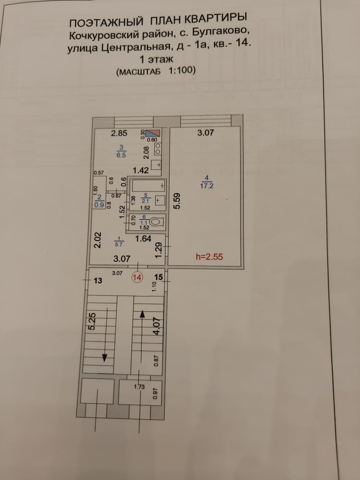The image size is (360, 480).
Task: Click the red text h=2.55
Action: [209, 256]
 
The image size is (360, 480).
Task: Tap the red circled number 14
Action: [137, 277]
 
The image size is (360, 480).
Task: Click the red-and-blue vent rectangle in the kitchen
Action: [153, 133]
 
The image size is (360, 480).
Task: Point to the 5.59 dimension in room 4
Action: [178, 201]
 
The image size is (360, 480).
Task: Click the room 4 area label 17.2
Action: [206, 186]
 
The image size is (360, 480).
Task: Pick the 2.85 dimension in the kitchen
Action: [119, 133]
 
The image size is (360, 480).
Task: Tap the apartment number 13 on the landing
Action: [98, 280]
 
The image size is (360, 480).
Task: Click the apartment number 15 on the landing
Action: [158, 277]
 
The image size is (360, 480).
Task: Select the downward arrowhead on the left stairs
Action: [105, 357]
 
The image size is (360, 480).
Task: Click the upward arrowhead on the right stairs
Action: [143, 314]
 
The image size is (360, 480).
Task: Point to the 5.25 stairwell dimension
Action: [92, 321]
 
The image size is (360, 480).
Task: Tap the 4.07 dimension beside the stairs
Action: [157, 326]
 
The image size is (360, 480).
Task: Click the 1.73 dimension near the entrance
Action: [139, 386]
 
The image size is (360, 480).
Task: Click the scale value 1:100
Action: [182, 71]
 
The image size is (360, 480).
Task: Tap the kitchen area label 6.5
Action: [121, 155]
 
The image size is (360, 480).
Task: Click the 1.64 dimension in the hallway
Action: [144, 239]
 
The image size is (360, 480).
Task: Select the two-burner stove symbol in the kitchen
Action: [158, 148]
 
